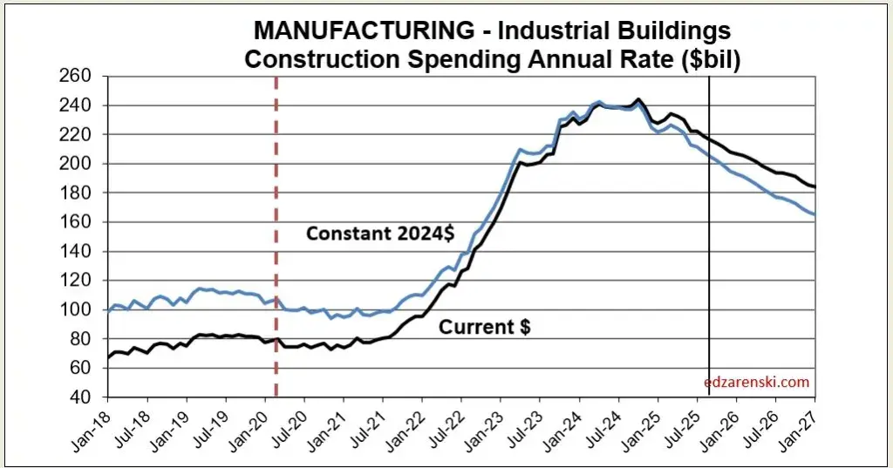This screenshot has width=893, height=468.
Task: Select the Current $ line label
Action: point(484,328)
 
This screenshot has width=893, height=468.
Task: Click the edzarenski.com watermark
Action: point(758,382)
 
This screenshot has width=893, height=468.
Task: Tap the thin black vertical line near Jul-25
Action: point(708,261)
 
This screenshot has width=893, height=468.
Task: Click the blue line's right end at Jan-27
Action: point(815,214)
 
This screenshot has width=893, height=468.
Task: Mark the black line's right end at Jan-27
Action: point(815,187)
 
